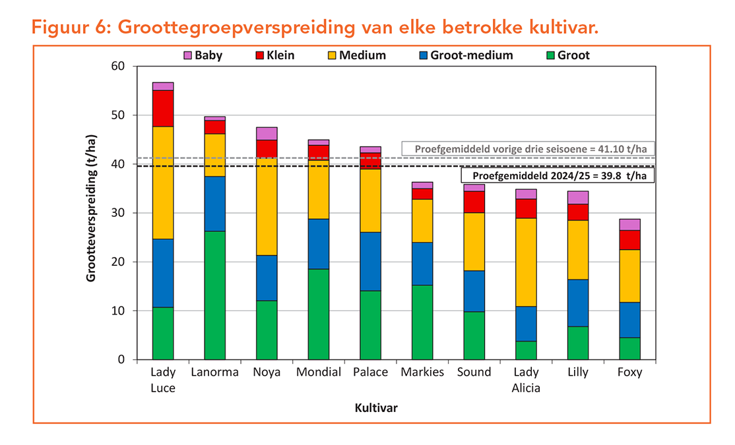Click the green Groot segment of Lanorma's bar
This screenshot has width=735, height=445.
(214, 295)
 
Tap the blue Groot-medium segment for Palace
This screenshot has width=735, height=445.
(370, 261)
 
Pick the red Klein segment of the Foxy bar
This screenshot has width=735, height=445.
(629, 239)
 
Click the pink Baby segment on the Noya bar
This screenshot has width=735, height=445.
(267, 134)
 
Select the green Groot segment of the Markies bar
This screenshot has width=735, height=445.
(422, 322)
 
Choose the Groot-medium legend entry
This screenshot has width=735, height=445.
(464, 55)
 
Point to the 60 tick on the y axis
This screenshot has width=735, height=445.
(117, 67)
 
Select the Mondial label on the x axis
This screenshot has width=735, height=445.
(319, 372)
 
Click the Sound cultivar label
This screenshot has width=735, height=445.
(474, 372)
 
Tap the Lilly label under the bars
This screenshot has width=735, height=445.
(578, 372)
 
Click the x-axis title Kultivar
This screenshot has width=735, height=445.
(376, 408)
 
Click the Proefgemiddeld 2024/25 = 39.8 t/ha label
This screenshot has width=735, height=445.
(557, 176)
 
